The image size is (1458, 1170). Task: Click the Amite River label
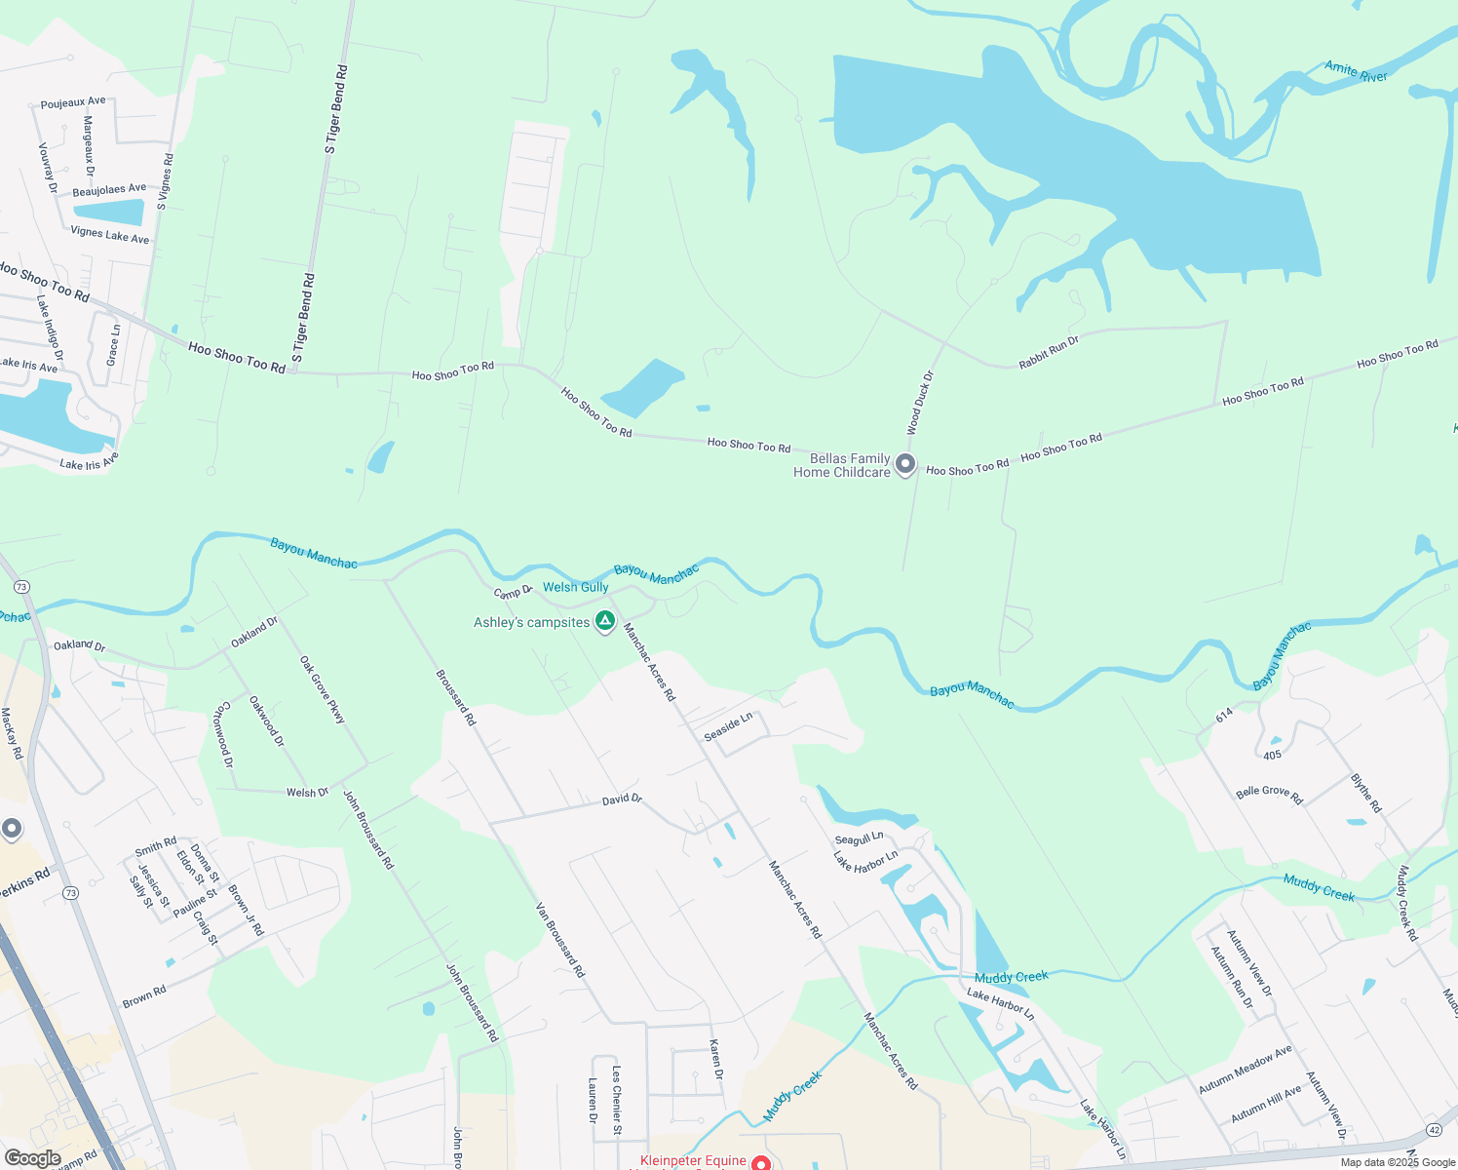[1356, 71]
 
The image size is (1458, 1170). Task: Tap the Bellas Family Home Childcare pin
[905, 464]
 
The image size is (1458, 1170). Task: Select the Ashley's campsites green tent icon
[605, 621]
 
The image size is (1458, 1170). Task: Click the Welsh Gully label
[575, 587]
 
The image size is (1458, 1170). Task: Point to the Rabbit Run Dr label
[1049, 353]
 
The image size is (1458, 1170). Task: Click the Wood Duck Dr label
[920, 403]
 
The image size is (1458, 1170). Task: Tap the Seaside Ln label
[728, 726]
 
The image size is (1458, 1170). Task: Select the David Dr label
[622, 799]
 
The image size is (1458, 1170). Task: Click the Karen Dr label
[716, 1060]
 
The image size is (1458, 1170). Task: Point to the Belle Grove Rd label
[1269, 795]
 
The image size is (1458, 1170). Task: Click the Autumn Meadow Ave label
[1245, 1070]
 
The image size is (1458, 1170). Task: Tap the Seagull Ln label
[859, 838]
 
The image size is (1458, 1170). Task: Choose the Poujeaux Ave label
[73, 102]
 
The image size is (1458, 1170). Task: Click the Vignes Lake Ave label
[110, 235]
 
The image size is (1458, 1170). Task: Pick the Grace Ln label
[113, 346]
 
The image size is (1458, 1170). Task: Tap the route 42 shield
[1434, 1129]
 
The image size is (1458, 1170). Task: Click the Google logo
[32, 1158]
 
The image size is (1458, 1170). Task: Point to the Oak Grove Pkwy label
[323, 690]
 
